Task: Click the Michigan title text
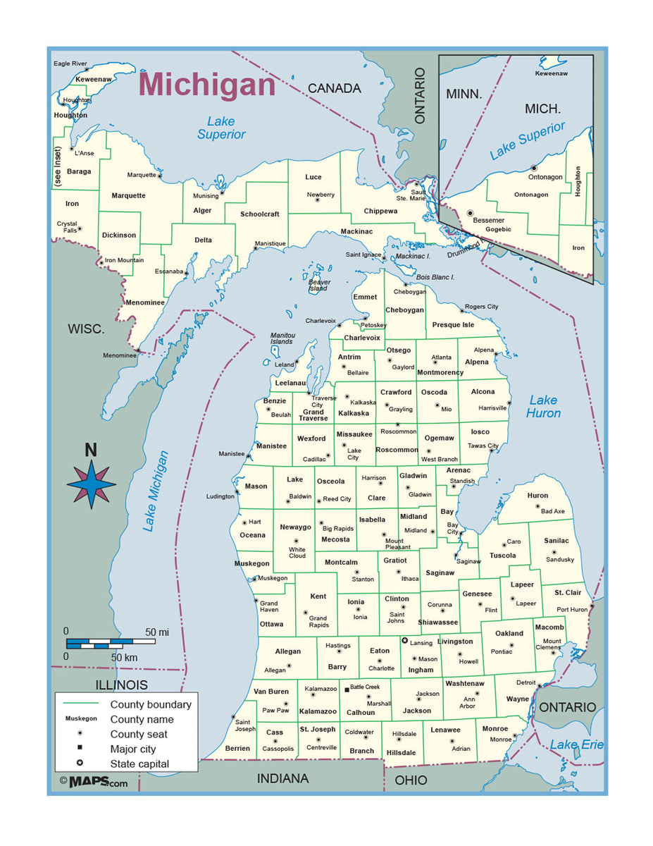pyautogui.click(x=206, y=85)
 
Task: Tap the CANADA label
pyautogui.click(x=334, y=89)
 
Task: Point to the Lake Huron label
pyautogui.click(x=543, y=407)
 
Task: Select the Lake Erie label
pyautogui.click(x=576, y=744)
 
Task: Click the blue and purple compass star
pyautogui.click(x=91, y=485)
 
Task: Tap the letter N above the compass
pyautogui.click(x=91, y=450)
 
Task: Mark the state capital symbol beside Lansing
pyautogui.click(x=404, y=641)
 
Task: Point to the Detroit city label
pyautogui.click(x=525, y=682)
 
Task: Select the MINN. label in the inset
pyautogui.click(x=464, y=94)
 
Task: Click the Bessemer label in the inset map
pyautogui.click(x=489, y=220)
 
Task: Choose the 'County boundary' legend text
pyautogui.click(x=150, y=704)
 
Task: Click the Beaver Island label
pyautogui.click(x=318, y=285)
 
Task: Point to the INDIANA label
pyautogui.click(x=282, y=778)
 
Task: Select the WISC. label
pyautogui.click(x=86, y=329)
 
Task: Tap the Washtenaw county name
pyautogui.click(x=464, y=683)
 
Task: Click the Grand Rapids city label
pyautogui.click(x=318, y=621)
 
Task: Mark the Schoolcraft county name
pyautogui.click(x=259, y=214)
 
